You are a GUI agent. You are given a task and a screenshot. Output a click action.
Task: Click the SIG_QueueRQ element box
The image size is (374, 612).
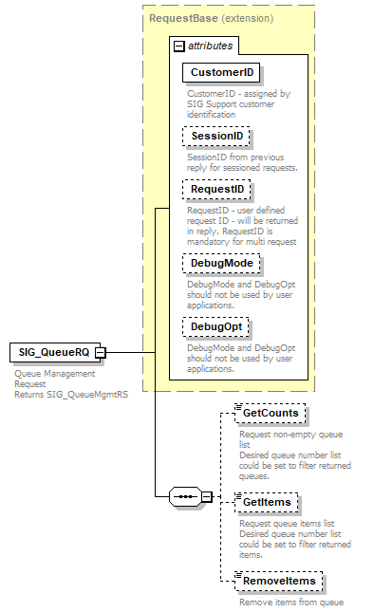tap(51, 353)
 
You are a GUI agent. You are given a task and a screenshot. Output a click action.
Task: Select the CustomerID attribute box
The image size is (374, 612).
tap(221, 72)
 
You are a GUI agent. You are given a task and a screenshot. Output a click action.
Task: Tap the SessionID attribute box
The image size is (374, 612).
tap(215, 137)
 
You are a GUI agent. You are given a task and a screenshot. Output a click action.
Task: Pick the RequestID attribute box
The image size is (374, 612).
tap(215, 190)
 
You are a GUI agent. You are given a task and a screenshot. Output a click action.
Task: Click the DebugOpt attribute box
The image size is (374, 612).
tap(217, 326)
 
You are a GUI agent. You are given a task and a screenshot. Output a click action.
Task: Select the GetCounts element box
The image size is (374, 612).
tap(271, 414)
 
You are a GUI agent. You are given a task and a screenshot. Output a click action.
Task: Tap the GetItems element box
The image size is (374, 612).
tap(270, 501)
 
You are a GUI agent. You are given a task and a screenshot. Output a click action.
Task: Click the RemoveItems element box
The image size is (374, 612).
tap(279, 581)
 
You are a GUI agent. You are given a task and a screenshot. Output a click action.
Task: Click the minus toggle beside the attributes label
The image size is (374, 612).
tap(178, 46)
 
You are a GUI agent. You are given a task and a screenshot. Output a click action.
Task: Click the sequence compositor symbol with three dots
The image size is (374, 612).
tap(188, 496)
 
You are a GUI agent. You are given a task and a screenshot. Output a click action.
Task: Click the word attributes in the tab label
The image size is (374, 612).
tap(209, 46)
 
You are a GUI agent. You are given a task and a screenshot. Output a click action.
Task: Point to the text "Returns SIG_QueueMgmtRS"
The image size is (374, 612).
tap(71, 395)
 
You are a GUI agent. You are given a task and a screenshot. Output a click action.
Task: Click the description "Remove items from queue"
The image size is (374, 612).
tap(290, 602)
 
